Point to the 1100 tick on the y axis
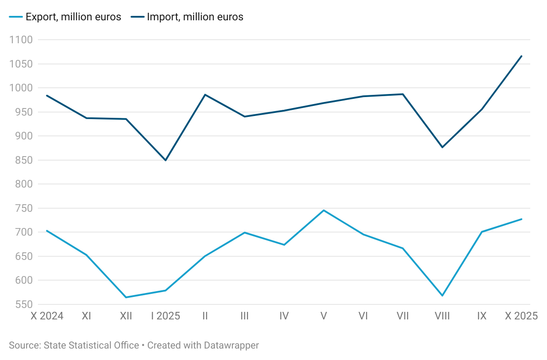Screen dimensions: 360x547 pos(21,40)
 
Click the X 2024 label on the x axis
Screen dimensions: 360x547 pos(47,316)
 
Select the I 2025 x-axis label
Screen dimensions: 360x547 pos(166,316)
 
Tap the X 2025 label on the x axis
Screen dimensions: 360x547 pos(521,316)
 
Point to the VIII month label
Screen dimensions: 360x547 pos(442,316)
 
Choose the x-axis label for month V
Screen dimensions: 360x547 pos(324,316)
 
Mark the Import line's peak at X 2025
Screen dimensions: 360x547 pos(522,56)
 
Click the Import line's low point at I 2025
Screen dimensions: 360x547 pos(166,161)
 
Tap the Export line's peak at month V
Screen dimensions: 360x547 pos(324,210)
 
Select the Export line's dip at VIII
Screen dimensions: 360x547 pos(442,296)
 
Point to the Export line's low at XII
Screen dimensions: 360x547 pos(126,297)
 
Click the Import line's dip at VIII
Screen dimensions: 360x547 pos(442,147)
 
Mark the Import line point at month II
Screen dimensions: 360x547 pos(205,94)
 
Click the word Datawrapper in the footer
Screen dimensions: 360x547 pos(232,345)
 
